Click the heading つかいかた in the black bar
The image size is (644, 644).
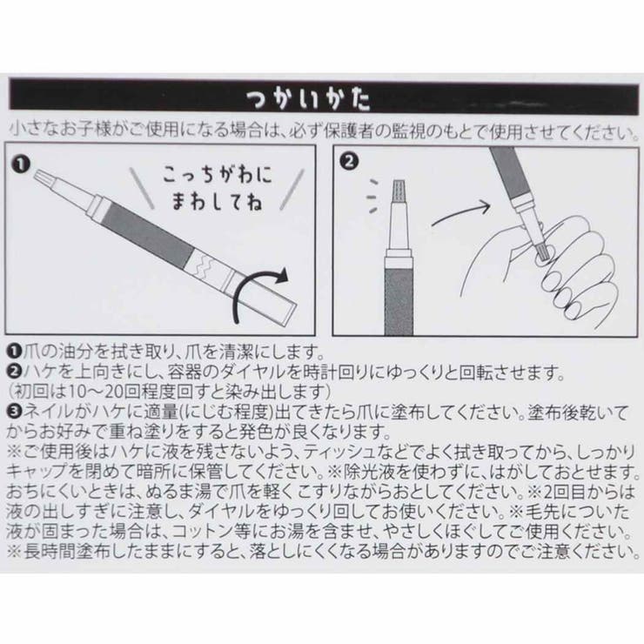click(308, 99)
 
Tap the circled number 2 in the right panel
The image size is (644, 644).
click(349, 161)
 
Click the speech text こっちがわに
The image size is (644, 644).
click(218, 175)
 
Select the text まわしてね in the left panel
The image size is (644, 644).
click(217, 202)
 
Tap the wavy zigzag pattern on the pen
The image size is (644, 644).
click(202, 263)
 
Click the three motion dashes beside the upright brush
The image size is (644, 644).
click(372, 197)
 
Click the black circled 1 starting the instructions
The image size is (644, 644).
click(14, 352)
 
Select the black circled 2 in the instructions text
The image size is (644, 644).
click(14, 372)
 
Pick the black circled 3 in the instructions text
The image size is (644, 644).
click(14, 412)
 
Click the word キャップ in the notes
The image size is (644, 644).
click(37, 472)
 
